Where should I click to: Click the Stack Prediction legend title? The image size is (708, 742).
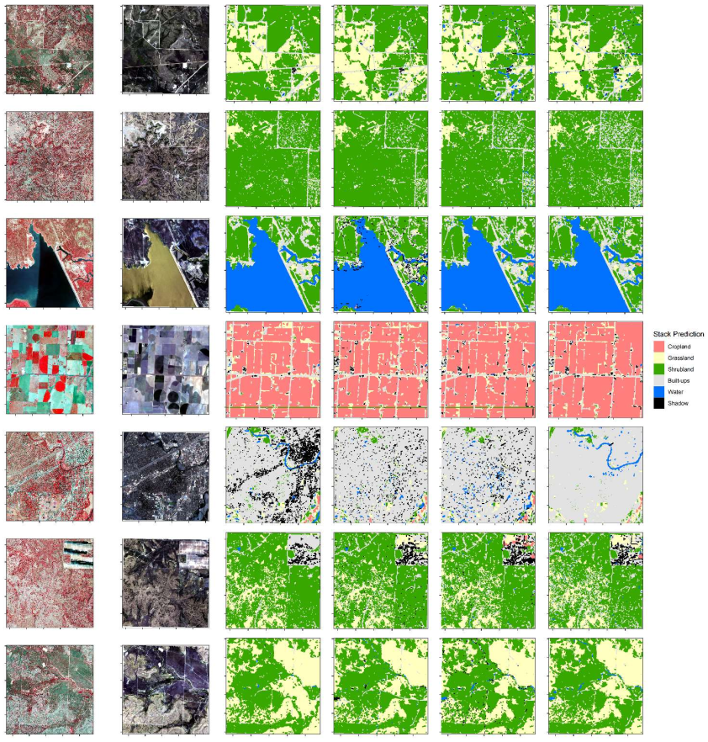pyautogui.click(x=678, y=334)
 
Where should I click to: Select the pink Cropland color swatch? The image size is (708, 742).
pyautogui.click(x=659, y=346)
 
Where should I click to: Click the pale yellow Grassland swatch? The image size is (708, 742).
pyautogui.click(x=659, y=358)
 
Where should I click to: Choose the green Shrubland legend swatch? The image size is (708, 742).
pyautogui.click(x=659, y=369)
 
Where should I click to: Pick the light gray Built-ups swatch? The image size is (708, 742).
pyautogui.click(x=659, y=381)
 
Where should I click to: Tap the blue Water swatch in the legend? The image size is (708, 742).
pyautogui.click(x=659, y=393)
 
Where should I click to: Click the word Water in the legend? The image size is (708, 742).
pyautogui.click(x=677, y=393)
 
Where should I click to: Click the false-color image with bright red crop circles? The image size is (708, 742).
pyautogui.click(x=50, y=368)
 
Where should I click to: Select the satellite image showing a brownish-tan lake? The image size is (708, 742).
pyautogui.click(x=165, y=262)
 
